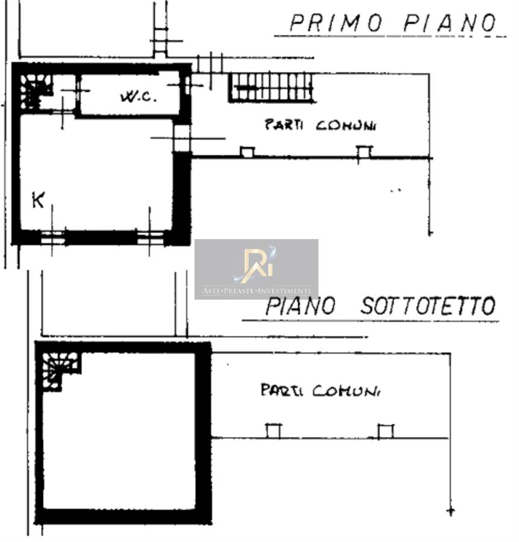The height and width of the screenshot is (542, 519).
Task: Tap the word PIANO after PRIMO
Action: point(450,23)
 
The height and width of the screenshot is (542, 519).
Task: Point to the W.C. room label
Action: point(138,96)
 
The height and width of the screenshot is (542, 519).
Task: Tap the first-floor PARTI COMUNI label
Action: point(320,125)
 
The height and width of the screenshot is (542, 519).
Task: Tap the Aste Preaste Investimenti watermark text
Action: point(256,291)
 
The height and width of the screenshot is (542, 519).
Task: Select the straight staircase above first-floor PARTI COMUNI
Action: point(272,88)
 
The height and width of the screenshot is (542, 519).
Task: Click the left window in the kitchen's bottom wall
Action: point(53,238)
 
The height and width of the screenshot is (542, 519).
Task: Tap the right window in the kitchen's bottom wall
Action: point(150,238)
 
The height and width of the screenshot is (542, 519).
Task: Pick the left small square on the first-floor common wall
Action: point(247,152)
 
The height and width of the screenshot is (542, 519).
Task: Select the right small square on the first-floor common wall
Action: point(364,152)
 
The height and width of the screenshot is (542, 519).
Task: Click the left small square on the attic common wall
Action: point(273,431)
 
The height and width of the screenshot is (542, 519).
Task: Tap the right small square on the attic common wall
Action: point(385,431)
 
